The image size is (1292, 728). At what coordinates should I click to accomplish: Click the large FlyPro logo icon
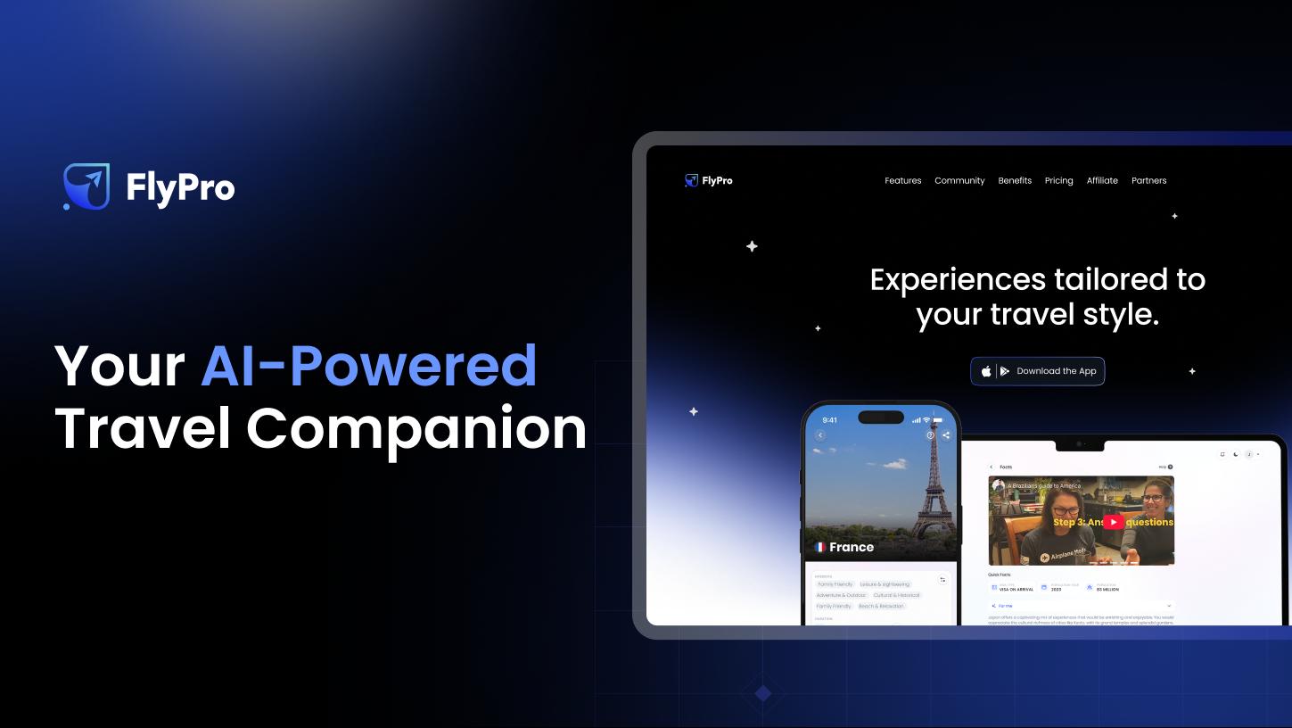tap(86, 186)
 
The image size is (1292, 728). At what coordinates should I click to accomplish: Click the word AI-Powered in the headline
tap(368, 365)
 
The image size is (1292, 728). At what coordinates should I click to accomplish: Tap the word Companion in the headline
tap(416, 428)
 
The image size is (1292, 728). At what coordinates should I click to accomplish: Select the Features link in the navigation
tap(902, 180)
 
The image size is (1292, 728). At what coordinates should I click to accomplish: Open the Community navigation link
tap(959, 180)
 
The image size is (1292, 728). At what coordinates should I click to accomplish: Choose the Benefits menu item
tap(1015, 180)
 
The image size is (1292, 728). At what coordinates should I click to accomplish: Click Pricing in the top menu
tap(1058, 180)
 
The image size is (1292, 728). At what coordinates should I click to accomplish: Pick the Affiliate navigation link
tap(1102, 180)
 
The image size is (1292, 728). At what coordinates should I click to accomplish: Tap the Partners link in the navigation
tap(1148, 180)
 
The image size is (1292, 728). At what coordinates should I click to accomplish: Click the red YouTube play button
tap(1113, 522)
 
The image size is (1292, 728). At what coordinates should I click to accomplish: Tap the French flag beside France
tap(819, 547)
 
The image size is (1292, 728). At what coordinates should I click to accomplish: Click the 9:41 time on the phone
tap(829, 419)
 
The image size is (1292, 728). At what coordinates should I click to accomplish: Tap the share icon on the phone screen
tap(945, 435)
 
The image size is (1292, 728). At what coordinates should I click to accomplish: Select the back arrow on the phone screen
tap(820, 435)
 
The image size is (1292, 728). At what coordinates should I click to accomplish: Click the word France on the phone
tap(852, 547)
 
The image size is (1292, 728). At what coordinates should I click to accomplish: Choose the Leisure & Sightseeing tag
tap(885, 584)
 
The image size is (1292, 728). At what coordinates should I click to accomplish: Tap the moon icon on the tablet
tap(1235, 454)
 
